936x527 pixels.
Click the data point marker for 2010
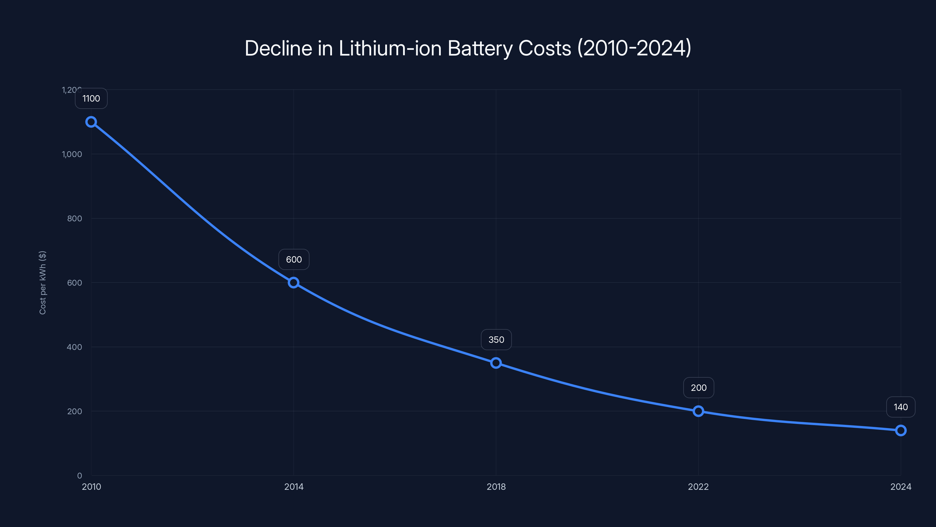(x=91, y=122)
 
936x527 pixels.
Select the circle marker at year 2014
(x=294, y=283)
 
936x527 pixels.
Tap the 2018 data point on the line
(x=496, y=363)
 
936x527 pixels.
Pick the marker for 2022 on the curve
(x=698, y=411)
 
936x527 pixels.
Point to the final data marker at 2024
(x=901, y=431)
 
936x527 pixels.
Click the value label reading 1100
(x=91, y=99)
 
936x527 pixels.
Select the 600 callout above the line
(x=294, y=260)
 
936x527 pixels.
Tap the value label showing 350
(x=496, y=340)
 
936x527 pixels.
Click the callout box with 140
(x=901, y=407)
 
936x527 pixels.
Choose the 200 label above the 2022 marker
(x=698, y=388)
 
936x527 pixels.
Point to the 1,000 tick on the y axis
(x=72, y=154)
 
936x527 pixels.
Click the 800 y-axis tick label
(x=75, y=219)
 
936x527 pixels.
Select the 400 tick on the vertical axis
(x=75, y=347)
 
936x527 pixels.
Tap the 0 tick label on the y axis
(x=80, y=476)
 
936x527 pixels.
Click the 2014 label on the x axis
(x=294, y=487)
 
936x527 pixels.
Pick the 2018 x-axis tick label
(x=496, y=487)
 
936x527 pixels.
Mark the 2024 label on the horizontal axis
(x=901, y=487)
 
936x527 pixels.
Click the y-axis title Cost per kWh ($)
(x=42, y=283)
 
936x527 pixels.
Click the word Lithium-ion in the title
(x=390, y=48)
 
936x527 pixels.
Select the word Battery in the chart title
(x=480, y=49)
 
